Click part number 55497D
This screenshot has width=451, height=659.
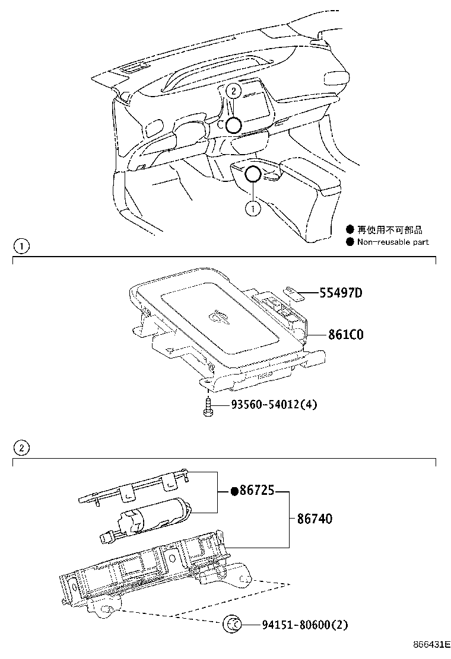tap(341, 293)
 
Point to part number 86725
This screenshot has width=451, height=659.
tap(257, 491)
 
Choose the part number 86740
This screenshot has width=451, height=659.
tap(310, 519)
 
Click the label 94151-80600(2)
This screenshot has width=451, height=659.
tap(303, 624)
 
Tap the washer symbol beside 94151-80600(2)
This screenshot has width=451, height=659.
tap(232, 624)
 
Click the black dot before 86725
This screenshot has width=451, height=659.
tap(234, 491)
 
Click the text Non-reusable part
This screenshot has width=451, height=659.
tap(392, 242)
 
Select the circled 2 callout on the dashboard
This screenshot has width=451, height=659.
tap(234, 91)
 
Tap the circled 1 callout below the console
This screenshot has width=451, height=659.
tap(253, 208)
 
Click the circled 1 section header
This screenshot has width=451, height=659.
tap(21, 246)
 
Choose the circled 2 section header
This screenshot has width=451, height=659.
tap(21, 447)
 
